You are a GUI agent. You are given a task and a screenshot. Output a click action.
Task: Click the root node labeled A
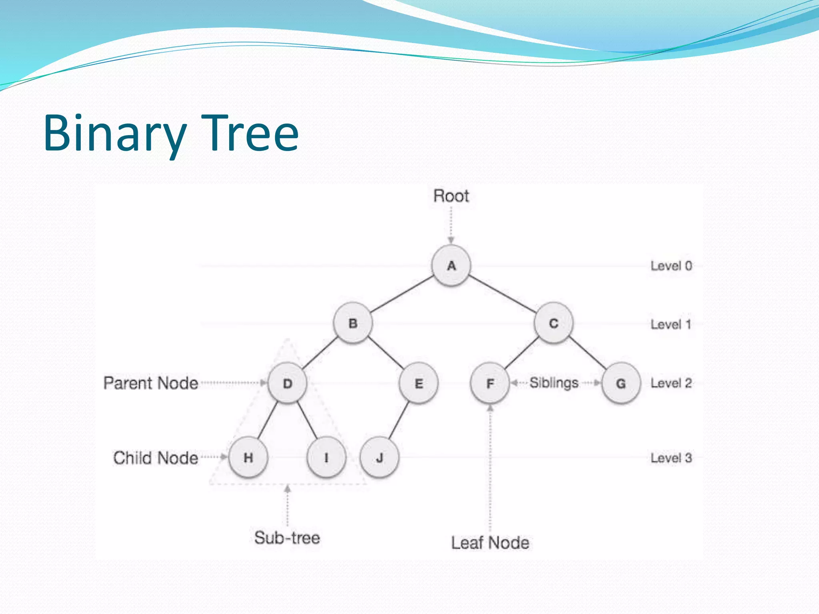[x=451, y=265]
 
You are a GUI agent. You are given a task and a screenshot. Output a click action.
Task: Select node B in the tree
[x=353, y=323]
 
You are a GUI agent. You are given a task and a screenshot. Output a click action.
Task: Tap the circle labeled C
[x=553, y=323]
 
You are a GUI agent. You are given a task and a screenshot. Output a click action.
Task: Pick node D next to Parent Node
[x=288, y=383]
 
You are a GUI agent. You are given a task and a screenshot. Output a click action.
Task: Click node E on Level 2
[x=419, y=383]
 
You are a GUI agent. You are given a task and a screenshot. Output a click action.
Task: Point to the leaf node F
[x=490, y=383]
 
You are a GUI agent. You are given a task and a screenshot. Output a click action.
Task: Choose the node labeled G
[x=621, y=383]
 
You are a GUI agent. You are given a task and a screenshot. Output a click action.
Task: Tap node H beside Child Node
[x=248, y=457]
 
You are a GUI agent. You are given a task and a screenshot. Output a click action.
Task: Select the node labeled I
[x=326, y=457]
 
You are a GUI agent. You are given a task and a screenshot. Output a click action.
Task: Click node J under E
[x=380, y=457]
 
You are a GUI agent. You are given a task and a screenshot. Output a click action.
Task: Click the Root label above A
[x=451, y=196]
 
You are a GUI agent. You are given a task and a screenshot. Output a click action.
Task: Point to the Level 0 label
[x=671, y=266]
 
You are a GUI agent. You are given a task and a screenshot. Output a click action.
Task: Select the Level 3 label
[x=671, y=458]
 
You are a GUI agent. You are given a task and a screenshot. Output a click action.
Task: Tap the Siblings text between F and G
[x=554, y=383]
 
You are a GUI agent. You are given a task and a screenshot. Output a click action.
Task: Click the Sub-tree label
[x=287, y=538]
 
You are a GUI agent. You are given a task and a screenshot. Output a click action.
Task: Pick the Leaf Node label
[x=490, y=543]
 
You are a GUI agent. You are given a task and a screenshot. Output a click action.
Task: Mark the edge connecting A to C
[x=502, y=294]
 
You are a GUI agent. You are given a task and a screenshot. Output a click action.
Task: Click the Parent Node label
[x=151, y=383]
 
